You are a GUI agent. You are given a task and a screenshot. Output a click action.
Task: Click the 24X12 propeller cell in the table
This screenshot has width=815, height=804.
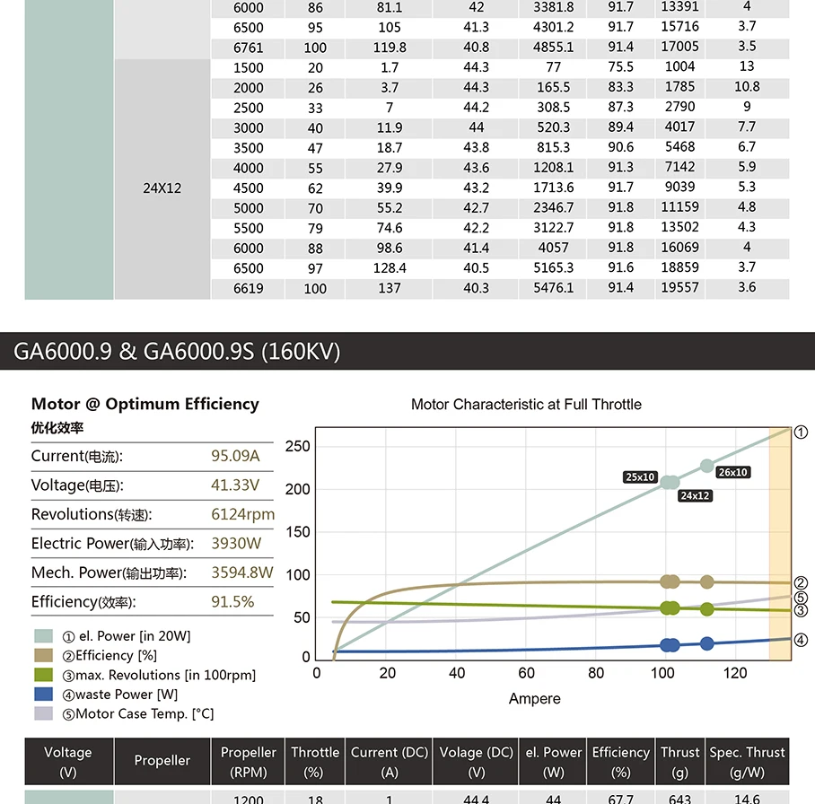tap(162, 188)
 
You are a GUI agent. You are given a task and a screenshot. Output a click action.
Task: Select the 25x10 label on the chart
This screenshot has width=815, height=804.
tap(640, 477)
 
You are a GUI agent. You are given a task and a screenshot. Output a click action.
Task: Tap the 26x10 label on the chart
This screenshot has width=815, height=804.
tap(732, 472)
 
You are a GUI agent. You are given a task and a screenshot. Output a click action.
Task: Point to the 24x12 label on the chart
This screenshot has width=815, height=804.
tap(695, 495)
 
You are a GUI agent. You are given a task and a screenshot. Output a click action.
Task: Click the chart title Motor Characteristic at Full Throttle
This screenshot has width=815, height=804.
tap(526, 405)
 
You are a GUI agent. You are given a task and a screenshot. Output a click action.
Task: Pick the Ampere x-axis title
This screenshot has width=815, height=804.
tap(534, 698)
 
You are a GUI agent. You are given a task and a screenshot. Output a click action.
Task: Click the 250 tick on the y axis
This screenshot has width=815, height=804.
tap(298, 447)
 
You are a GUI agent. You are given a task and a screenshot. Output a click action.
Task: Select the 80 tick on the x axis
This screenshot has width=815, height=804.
tap(596, 673)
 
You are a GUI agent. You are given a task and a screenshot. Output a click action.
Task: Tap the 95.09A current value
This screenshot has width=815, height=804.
tap(235, 456)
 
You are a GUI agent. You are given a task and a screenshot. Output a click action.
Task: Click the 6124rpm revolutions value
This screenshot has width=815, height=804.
tap(242, 514)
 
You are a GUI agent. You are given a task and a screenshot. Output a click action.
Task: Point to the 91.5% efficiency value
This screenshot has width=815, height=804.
tap(232, 601)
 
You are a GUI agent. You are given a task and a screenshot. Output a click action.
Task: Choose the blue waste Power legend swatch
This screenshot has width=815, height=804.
tap(44, 694)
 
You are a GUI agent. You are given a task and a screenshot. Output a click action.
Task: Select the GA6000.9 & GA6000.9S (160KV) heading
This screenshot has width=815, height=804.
tap(177, 351)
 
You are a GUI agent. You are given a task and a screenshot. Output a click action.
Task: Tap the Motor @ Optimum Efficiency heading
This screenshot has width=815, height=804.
tap(145, 404)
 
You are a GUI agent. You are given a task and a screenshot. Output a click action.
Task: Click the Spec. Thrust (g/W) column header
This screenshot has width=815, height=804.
tap(747, 761)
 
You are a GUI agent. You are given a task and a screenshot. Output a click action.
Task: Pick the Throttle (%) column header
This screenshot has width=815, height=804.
tap(315, 761)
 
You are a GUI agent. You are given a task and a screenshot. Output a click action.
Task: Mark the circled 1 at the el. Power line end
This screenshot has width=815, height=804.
tap(801, 432)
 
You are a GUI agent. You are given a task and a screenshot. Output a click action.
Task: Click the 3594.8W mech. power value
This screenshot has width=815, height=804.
tap(241, 572)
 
